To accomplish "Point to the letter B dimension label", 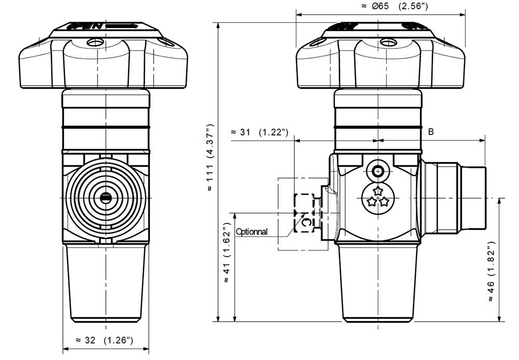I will [x=431, y=132].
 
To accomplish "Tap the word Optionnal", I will [x=252, y=232].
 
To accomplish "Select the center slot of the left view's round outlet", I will [x=105, y=197].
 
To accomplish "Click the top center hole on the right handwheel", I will [x=386, y=42].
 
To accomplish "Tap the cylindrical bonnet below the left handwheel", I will [x=105, y=119].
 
